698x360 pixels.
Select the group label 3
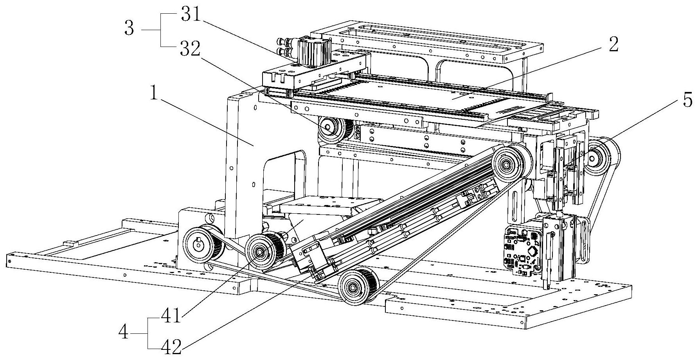(129, 29)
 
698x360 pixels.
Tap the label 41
(171, 315)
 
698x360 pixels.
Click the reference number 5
(687, 100)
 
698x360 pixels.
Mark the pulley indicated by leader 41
(260, 251)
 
